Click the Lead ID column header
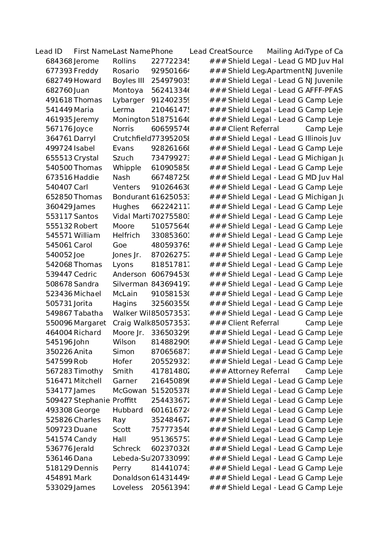coord(49,52)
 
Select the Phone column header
coord(162,52)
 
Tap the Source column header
coord(240,52)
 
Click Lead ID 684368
coord(59,61)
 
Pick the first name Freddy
coord(86,71)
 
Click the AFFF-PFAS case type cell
coord(324,91)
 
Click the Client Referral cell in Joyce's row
coord(253,129)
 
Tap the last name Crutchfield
coord(131,139)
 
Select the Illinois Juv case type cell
coord(323,139)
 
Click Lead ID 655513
coord(59,158)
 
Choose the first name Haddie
coord(86,178)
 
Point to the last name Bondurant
coord(131,197)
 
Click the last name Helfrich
coord(126,236)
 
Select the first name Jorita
coord(83,304)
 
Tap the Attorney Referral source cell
coord(259,371)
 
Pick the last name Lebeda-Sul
coord(131,459)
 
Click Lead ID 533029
coord(59,488)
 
